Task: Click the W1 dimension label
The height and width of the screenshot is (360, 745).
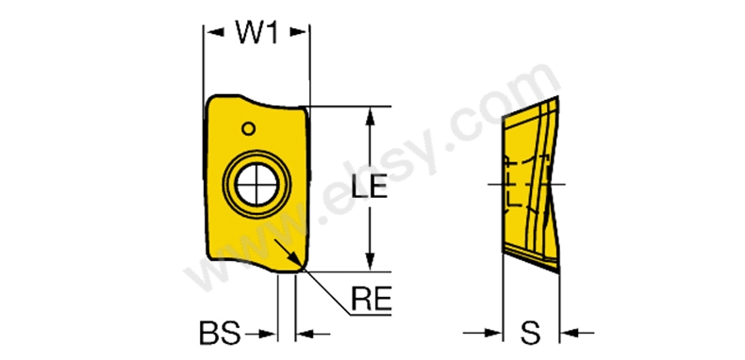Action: pyautogui.click(x=257, y=32)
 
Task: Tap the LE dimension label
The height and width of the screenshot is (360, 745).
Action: pyautogui.click(x=369, y=187)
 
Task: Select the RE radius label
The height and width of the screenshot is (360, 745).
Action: pyautogui.click(x=371, y=299)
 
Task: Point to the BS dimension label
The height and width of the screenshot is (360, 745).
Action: pyautogui.click(x=220, y=334)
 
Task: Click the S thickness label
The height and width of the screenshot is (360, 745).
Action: pyautogui.click(x=530, y=334)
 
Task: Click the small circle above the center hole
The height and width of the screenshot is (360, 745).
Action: pyautogui.click(x=248, y=128)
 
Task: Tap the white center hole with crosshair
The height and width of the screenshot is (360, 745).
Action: pyautogui.click(x=257, y=185)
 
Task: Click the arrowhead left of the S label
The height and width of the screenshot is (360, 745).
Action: pyautogui.click(x=492, y=334)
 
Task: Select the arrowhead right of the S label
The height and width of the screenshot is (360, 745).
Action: pyautogui.click(x=570, y=334)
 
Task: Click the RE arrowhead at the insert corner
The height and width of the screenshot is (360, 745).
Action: pyautogui.click(x=295, y=261)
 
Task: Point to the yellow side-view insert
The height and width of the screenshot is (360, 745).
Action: pyautogui.click(x=531, y=186)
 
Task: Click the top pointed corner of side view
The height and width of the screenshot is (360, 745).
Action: pyautogui.click(x=557, y=96)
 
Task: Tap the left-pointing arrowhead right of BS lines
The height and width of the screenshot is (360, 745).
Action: pyautogui.click(x=305, y=335)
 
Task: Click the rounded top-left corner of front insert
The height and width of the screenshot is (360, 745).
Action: pyautogui.click(x=211, y=101)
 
